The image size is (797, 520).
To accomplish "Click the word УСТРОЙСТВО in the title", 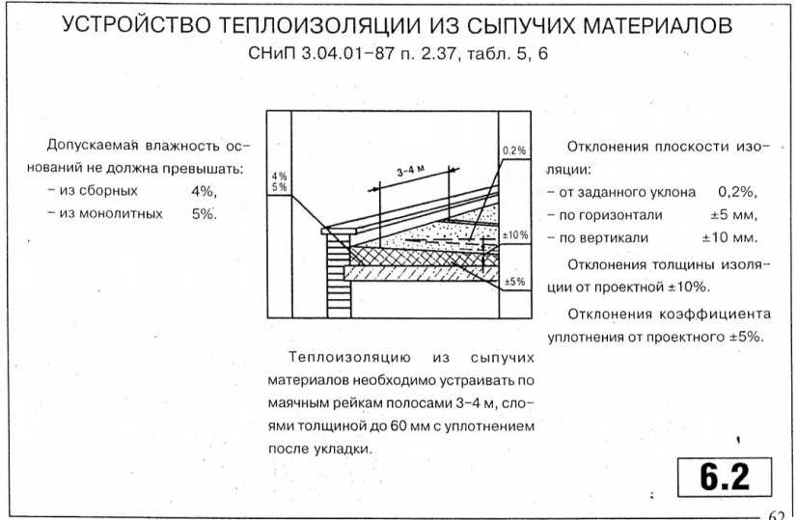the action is point(136,24).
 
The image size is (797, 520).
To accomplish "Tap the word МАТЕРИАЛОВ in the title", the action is point(657,24).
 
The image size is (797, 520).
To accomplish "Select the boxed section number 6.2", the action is point(725,477).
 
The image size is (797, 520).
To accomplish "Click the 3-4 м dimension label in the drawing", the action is point(411,171).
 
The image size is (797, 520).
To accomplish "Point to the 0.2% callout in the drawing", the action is point(514,151).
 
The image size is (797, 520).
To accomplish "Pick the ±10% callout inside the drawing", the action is point(515,234).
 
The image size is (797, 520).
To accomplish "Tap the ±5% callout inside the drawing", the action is point(515,281).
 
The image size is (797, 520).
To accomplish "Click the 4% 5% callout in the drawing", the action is point(279,181).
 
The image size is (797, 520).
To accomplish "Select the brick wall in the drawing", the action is point(339,276).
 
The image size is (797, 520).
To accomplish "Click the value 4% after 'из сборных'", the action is point(204,192).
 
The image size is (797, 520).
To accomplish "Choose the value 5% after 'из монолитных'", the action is point(204,214).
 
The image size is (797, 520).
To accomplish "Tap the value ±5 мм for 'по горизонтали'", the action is point(733,215).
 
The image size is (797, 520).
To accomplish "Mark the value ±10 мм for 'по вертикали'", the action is point(729,237).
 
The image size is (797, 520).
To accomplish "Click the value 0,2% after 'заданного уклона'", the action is point(737,192).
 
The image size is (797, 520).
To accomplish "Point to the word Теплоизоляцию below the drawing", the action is point(349,357).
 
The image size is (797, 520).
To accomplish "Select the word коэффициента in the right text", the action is point(715,315).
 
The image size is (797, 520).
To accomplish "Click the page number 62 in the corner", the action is point(776,514).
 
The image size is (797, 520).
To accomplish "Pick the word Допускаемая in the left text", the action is point(93,146).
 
